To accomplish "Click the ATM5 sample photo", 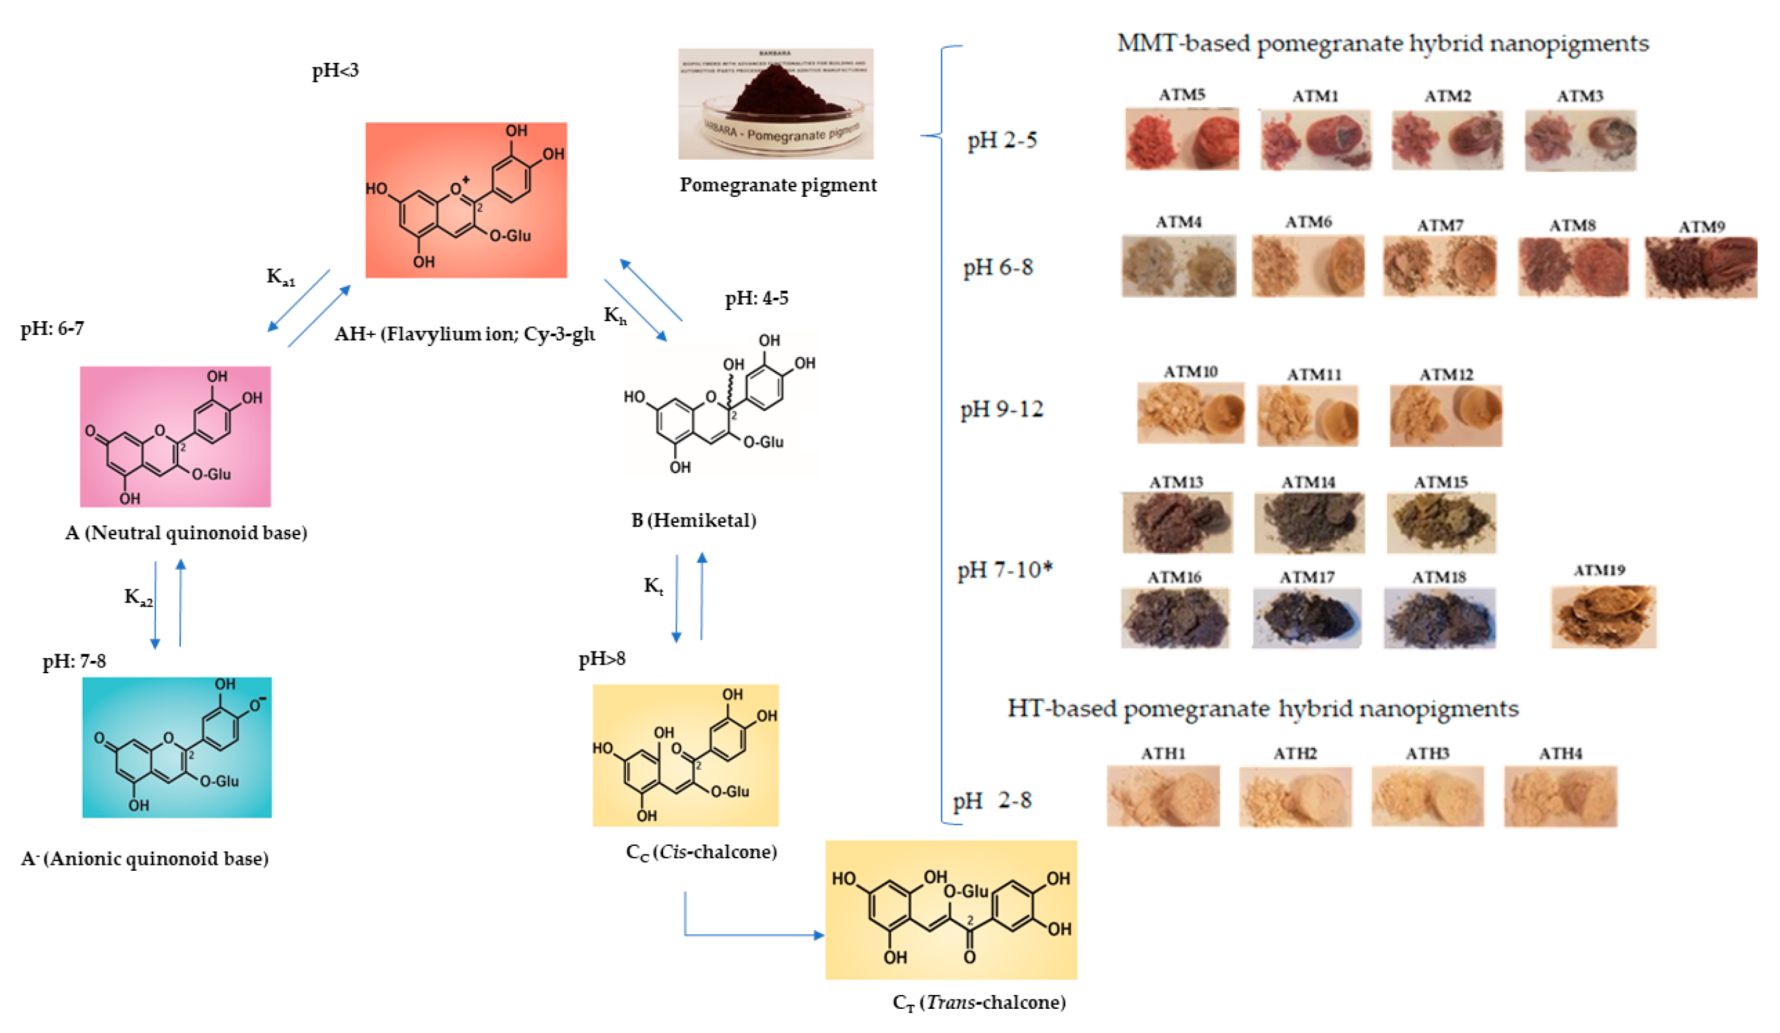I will pos(1181,139).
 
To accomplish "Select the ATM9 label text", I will pos(1701,226).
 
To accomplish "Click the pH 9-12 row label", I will pos(1001,409).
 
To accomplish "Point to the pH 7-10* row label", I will pos(1004,569).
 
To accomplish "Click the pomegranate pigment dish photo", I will pos(776,104).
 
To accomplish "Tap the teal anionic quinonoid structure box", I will pos(177,747).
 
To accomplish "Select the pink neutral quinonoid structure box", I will pos(175,436).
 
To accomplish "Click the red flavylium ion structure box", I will pos(465,200).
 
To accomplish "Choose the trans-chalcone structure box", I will pos(951,909).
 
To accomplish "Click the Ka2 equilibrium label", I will pos(138,597).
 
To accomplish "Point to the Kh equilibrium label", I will pos(615,315).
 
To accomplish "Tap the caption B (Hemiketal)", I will pos(693,520).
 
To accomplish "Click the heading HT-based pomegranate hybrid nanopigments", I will pos(1262,709).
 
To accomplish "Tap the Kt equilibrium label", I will pos(653,586).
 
